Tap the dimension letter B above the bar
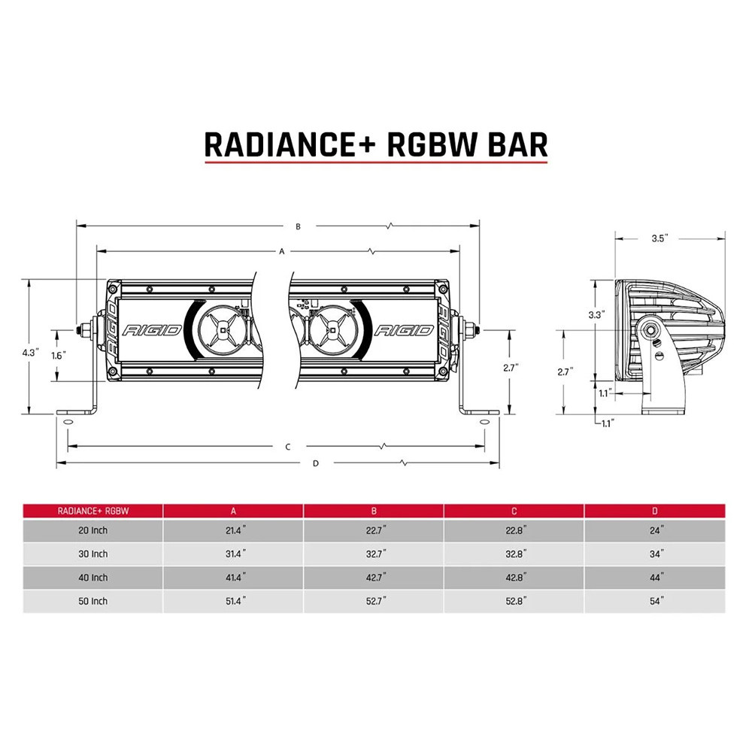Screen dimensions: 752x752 [298, 226]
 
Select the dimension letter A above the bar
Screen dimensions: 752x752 [281, 252]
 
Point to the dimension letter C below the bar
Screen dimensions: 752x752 [288, 447]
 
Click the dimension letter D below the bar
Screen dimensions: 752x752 [315, 463]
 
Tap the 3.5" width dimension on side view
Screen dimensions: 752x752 [660, 238]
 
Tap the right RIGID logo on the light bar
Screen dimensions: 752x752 [404, 330]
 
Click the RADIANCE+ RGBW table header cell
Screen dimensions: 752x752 [93, 511]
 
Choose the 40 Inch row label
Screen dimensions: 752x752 [93, 578]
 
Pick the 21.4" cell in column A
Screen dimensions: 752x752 [234, 530]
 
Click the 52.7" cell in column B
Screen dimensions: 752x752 [374, 601]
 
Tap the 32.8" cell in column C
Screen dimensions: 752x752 [515, 554]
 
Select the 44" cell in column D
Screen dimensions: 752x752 [656, 578]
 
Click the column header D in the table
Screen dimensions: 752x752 [656, 511]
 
